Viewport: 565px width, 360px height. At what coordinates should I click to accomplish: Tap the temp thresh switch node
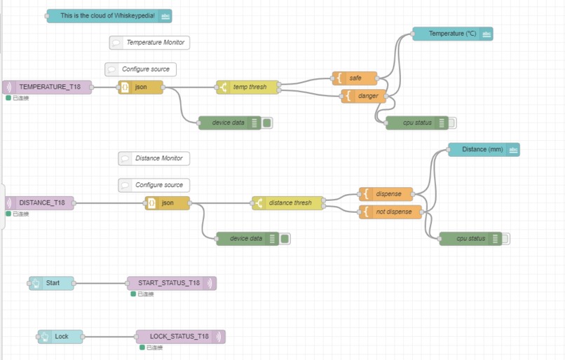point(248,88)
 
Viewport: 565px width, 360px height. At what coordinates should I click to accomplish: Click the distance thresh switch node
point(289,203)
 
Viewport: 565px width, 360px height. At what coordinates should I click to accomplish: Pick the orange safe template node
point(355,78)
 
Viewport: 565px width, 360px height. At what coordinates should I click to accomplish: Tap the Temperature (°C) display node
point(452,34)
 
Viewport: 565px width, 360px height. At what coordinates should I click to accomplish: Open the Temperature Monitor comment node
point(149,43)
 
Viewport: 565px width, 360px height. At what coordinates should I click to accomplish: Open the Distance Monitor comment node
point(154,158)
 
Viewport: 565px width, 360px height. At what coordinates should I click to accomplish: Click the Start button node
point(51,284)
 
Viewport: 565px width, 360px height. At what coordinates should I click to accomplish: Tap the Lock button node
point(60,337)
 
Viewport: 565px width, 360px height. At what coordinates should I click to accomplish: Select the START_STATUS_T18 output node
point(171,284)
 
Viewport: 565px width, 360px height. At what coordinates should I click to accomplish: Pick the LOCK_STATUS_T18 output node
point(180,337)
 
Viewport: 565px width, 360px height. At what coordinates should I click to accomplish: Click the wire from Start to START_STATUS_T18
point(100,284)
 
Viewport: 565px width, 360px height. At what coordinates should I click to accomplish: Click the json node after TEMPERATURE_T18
point(141,88)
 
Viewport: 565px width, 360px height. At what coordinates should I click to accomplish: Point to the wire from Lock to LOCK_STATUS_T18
point(109,337)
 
